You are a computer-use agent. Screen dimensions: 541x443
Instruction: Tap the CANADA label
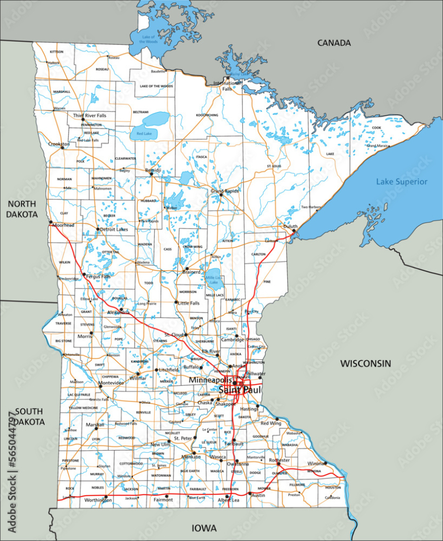click(334, 43)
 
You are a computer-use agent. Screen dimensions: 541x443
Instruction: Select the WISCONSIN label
click(365, 363)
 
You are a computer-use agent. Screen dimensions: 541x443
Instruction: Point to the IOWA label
click(203, 528)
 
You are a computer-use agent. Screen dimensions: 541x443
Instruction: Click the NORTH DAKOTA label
click(22, 209)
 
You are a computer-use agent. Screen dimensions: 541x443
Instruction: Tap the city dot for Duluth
click(294, 231)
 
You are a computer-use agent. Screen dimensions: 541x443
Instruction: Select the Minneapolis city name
click(210, 380)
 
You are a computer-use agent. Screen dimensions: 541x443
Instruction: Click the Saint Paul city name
click(240, 390)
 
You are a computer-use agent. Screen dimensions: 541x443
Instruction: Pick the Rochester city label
click(279, 460)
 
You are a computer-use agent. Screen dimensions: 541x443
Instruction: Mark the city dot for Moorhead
click(51, 222)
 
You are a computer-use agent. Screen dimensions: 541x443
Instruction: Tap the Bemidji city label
click(153, 170)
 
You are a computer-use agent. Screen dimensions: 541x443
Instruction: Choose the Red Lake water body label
click(144, 134)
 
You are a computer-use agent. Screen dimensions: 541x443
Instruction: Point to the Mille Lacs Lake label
click(213, 279)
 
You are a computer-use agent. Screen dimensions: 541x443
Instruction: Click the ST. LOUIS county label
click(273, 166)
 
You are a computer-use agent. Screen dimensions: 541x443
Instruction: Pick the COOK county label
click(376, 127)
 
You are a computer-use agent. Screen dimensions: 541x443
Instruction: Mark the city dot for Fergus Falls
click(84, 274)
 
